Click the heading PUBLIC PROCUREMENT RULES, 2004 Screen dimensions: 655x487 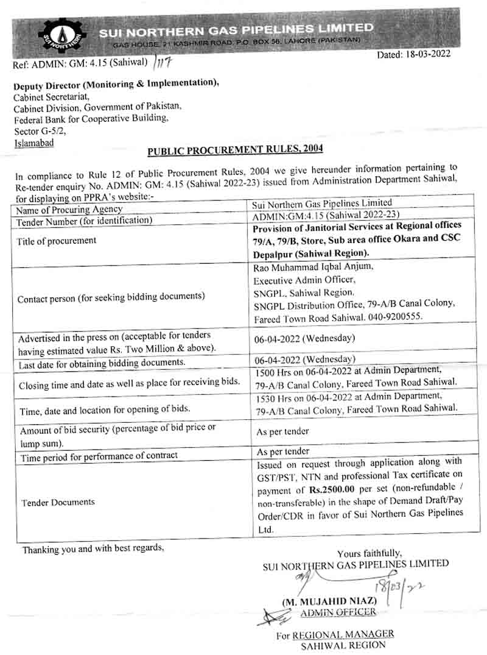pyautogui.click(x=235, y=149)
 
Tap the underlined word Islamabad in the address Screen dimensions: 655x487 pyautogui.click(x=33, y=143)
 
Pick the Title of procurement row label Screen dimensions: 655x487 pyautogui.click(x=56, y=241)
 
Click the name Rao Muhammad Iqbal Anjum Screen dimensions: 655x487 pyautogui.click(x=310, y=266)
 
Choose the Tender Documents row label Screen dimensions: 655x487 pyautogui.click(x=58, y=502)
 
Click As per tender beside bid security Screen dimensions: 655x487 pyautogui.click(x=282, y=431)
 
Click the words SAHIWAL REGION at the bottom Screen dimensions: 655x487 pyautogui.click(x=343, y=645)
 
